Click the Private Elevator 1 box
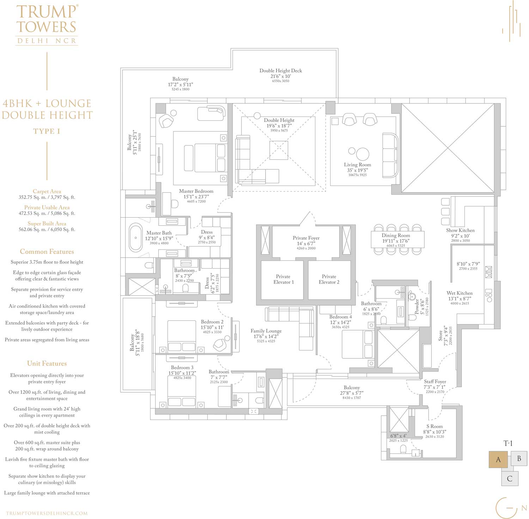pyautogui.click(x=283, y=279)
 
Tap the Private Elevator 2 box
pyautogui.click(x=329, y=279)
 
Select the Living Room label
pyautogui.click(x=357, y=165)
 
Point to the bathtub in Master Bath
pyautogui.click(x=135, y=237)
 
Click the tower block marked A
pyautogui.click(x=498, y=459)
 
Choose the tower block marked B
pyautogui.click(x=519, y=459)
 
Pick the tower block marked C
pyautogui.click(x=510, y=479)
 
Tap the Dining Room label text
pyautogui.click(x=396, y=235)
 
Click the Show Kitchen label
pyautogui.click(x=460, y=230)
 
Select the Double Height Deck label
pyautogui.click(x=281, y=71)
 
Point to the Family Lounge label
pyautogui.click(x=266, y=331)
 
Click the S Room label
pyautogui.click(x=434, y=426)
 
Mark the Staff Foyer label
pyautogui.click(x=435, y=381)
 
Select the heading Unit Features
pyautogui.click(x=47, y=363)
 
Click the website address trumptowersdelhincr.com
pyautogui.click(x=47, y=513)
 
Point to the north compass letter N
pyautogui.click(x=524, y=508)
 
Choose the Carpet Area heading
pyautogui.click(x=47, y=191)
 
